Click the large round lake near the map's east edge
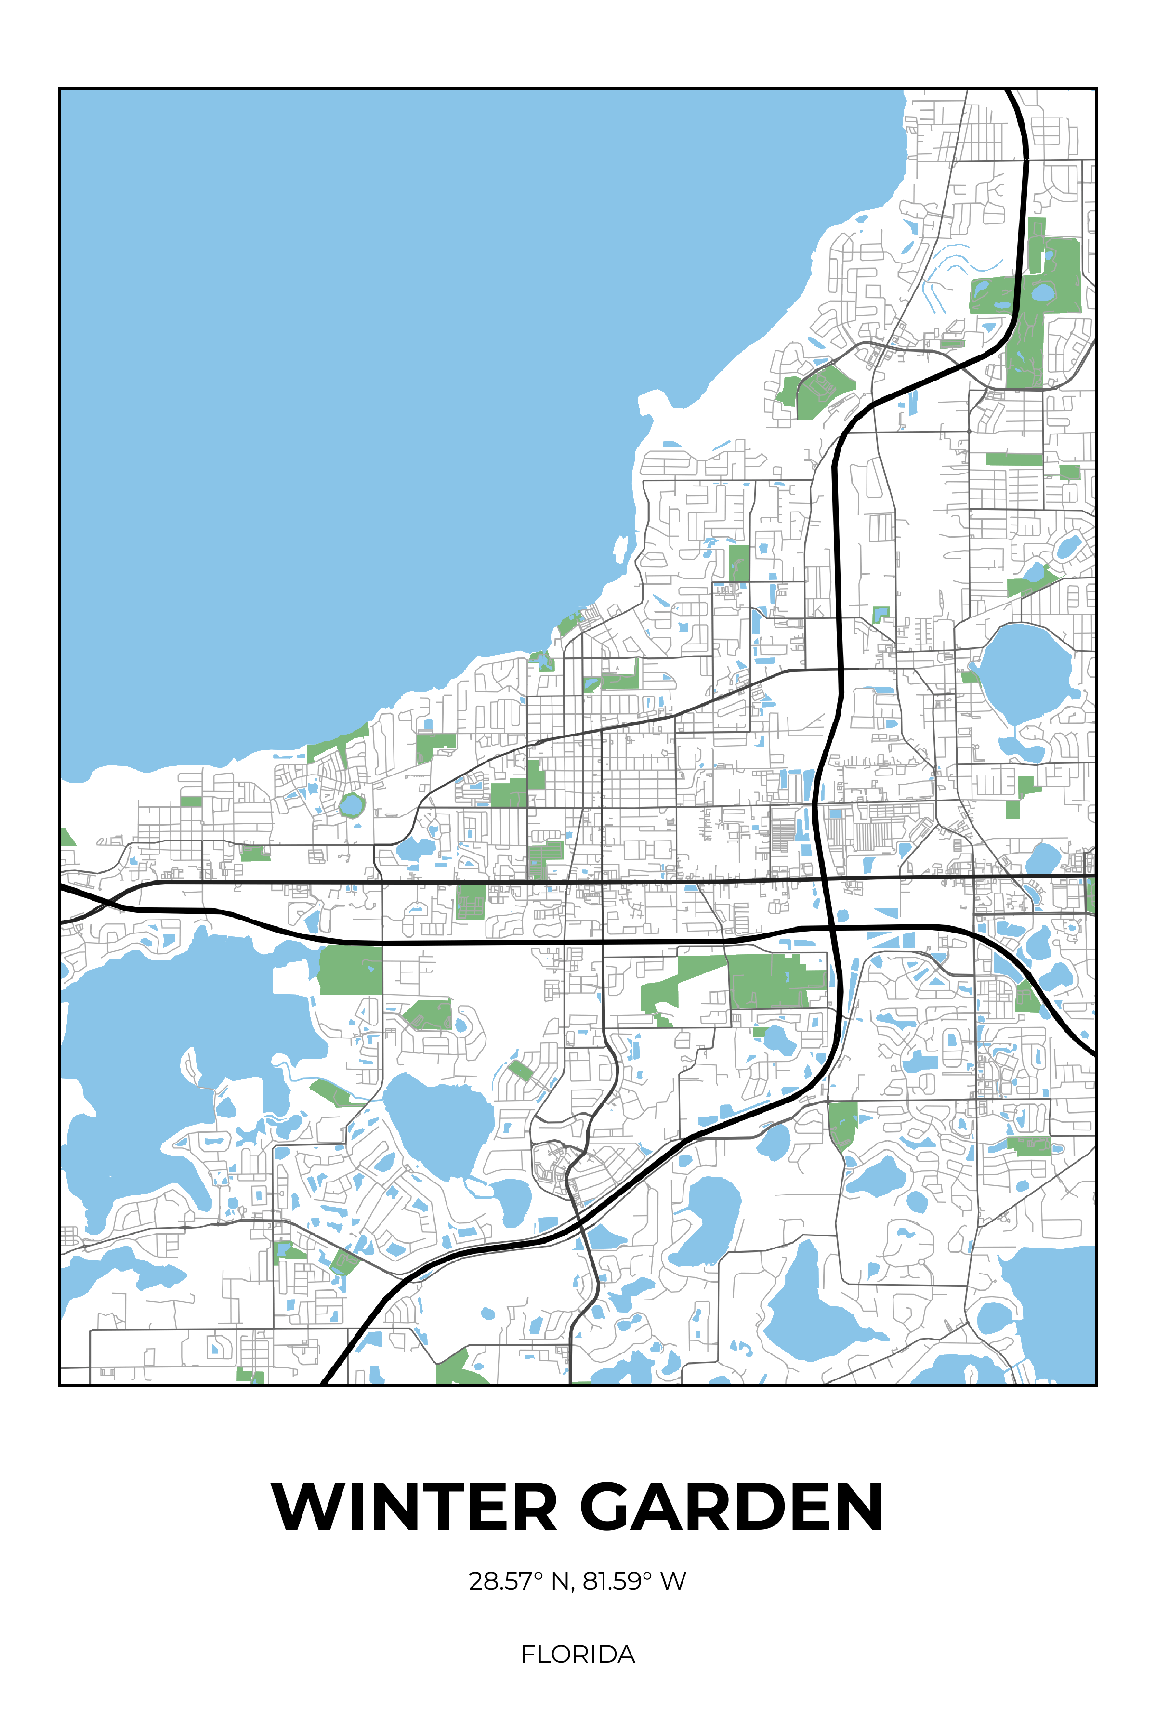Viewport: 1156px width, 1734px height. pos(1025,671)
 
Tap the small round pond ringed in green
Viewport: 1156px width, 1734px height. pos(352,805)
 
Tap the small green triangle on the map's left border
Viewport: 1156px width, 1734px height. pos(66,838)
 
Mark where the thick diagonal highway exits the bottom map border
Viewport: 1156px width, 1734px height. pos(324,1383)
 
